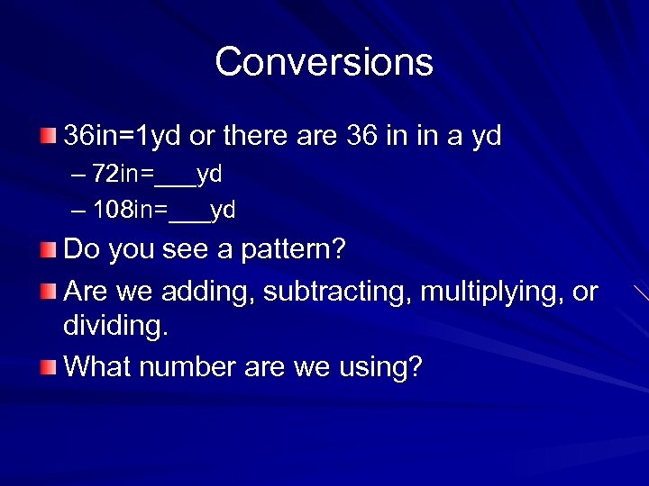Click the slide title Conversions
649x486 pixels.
click(324, 62)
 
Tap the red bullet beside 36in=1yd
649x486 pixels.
click(48, 137)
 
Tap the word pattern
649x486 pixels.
click(291, 249)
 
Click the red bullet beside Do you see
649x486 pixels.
click(48, 248)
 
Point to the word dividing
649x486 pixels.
click(115, 326)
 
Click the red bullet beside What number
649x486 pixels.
click(48, 366)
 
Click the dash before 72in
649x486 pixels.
click(77, 173)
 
